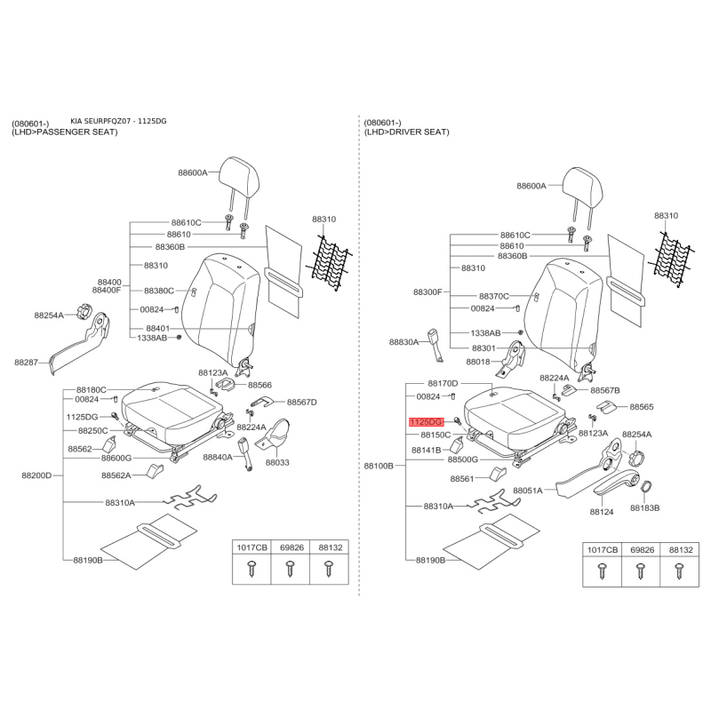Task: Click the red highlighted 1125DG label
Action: coord(426,422)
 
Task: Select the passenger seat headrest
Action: coord(238,180)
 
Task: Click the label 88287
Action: coord(26,363)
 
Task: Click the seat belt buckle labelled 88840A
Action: coord(245,453)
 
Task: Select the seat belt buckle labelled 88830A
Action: coord(435,346)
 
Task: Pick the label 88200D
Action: coord(36,475)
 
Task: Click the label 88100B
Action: coord(379,466)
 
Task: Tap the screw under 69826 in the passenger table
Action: coord(290,569)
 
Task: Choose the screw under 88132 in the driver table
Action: coord(679,571)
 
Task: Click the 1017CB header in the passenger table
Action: coord(252,547)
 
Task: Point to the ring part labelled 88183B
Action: coord(646,487)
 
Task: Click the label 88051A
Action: coord(527,491)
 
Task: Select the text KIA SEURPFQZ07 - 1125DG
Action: coord(118,121)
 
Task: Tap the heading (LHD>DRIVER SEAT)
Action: coord(406,132)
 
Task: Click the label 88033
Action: coord(277,462)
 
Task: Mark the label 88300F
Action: coord(427,292)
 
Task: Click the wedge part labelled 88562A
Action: coord(155,470)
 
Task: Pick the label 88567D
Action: coord(302,403)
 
